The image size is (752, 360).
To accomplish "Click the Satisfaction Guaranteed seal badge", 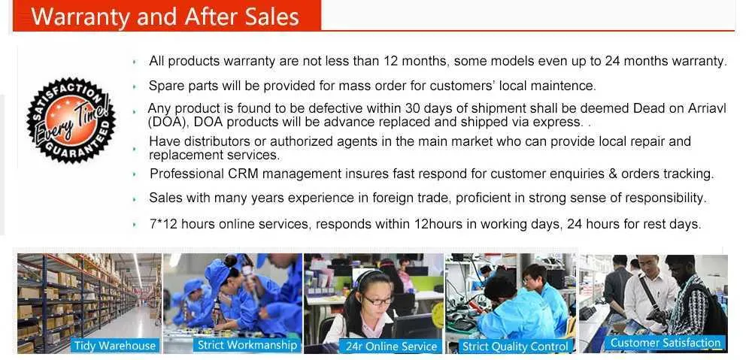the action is [71, 119].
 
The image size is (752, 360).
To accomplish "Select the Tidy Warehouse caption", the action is [115, 345].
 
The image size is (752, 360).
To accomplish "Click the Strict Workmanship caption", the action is [247, 345].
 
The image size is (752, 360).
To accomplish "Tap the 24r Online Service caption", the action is [391, 346].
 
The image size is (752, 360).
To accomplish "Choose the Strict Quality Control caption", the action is [516, 346].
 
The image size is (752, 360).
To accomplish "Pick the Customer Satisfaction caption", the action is [666, 342].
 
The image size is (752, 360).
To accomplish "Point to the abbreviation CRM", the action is [241, 174].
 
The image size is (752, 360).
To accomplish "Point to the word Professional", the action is [186, 174].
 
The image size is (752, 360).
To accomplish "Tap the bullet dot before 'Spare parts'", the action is [135, 86].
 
